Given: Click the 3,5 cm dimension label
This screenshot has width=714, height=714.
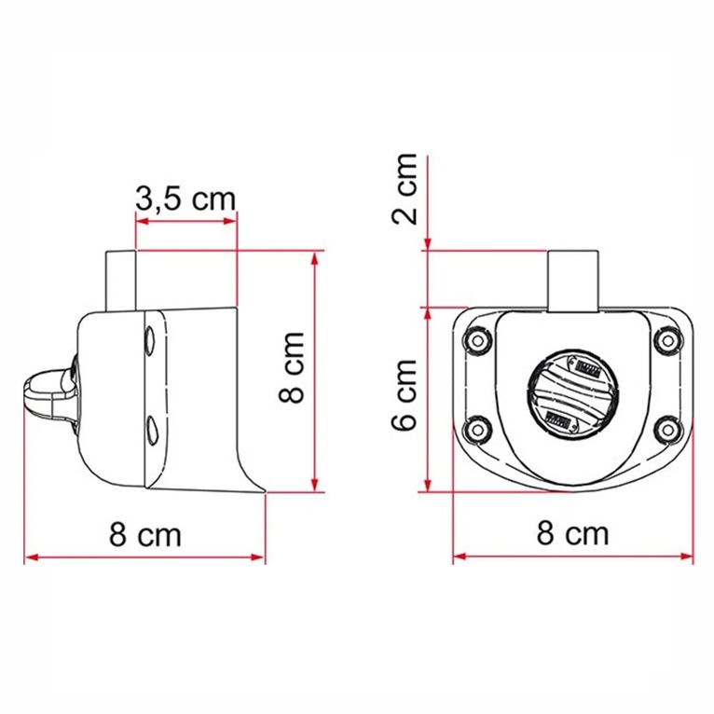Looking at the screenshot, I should pos(185,199).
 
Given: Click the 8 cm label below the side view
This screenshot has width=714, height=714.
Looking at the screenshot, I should pos(144,535).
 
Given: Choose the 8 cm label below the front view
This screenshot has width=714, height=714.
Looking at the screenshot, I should pos(572,534).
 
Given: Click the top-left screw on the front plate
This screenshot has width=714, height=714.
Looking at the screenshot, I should pos(479,340).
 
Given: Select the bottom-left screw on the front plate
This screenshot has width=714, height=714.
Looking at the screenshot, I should pos(479,430).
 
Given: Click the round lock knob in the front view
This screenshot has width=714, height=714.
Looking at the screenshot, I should pos(571,395).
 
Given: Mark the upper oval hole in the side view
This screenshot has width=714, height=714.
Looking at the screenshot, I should pos(150,340).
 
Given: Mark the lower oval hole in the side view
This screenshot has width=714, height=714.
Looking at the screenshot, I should pos(150,430).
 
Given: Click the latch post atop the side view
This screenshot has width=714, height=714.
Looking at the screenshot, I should pos(123,280).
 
